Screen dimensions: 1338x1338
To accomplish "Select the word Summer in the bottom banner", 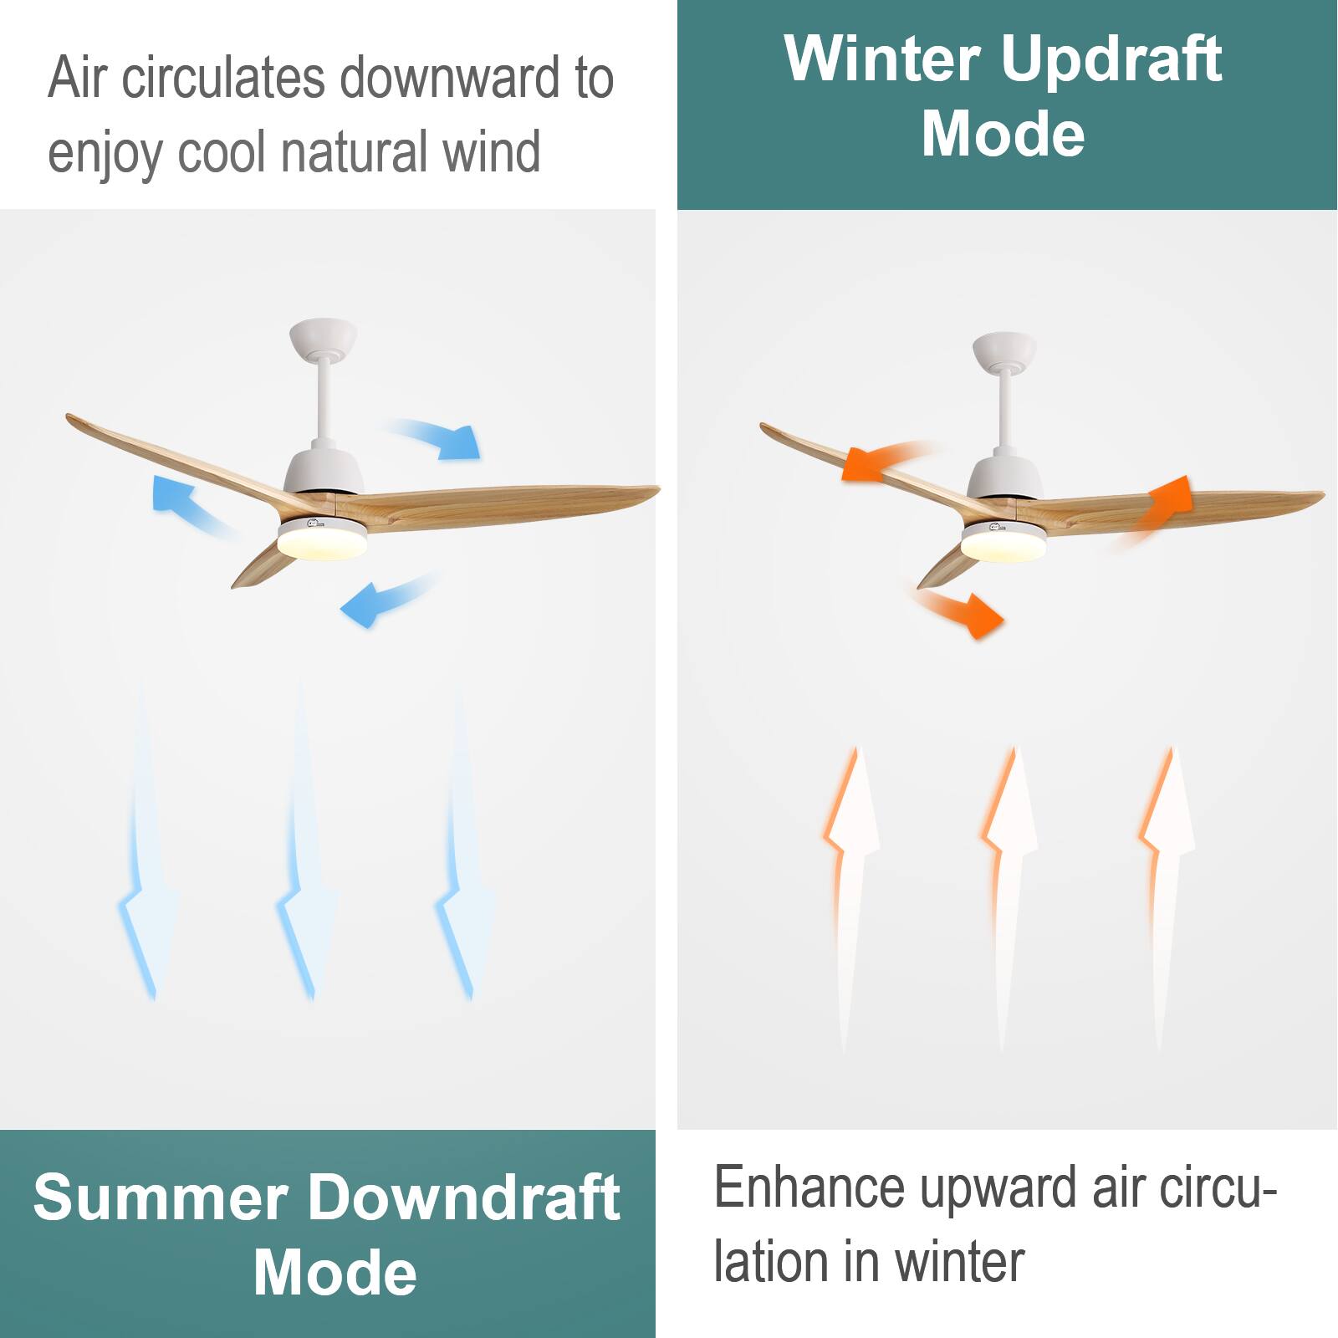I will point(159,1198).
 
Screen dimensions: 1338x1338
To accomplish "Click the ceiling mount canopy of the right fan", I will point(1004,350).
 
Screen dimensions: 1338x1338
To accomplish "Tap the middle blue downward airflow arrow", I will point(303,870).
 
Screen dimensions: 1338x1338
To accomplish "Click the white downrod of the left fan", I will point(324,401).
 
